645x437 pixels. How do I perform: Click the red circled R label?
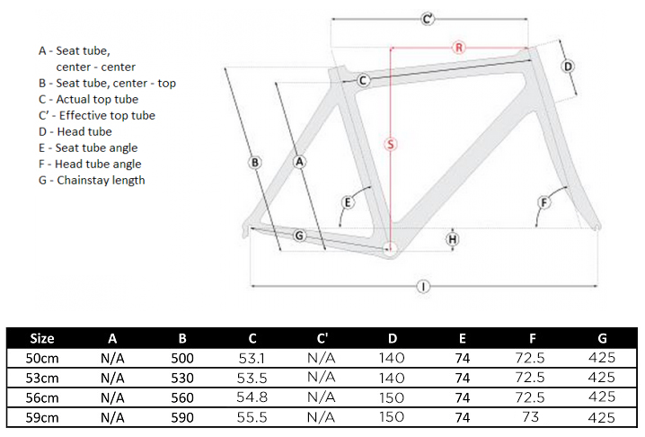click(458, 48)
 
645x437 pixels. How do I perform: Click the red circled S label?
click(391, 144)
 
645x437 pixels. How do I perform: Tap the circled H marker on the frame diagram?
click(453, 238)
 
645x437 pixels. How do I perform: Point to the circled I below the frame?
click(422, 287)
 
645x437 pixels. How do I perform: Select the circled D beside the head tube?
click(568, 67)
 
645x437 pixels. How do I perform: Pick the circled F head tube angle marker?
click(543, 201)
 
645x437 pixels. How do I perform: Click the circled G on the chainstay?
click(300, 236)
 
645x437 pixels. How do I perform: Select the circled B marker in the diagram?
click(255, 163)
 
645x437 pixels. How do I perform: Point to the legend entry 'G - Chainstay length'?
click(92, 180)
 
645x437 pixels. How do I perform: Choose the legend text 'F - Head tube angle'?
click(90, 164)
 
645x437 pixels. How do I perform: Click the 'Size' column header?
click(42, 339)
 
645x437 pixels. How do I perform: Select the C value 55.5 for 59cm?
click(252, 417)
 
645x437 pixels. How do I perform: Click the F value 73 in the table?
click(533, 417)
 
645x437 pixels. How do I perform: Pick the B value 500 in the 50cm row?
click(182, 358)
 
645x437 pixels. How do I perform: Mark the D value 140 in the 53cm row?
click(393, 378)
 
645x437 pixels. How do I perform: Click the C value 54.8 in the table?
click(252, 397)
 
